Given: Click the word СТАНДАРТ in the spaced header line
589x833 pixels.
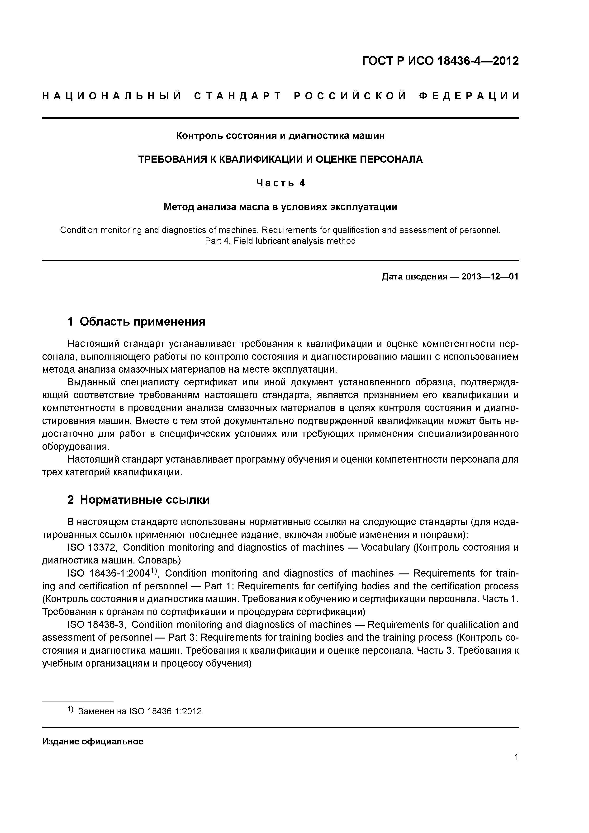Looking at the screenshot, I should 238,96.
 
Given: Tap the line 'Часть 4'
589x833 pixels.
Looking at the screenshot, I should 280,183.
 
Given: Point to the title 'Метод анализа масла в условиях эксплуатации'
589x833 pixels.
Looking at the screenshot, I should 280,207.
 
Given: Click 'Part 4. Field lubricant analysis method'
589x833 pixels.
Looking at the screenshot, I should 280,241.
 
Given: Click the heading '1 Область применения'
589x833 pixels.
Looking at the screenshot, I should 137,322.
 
